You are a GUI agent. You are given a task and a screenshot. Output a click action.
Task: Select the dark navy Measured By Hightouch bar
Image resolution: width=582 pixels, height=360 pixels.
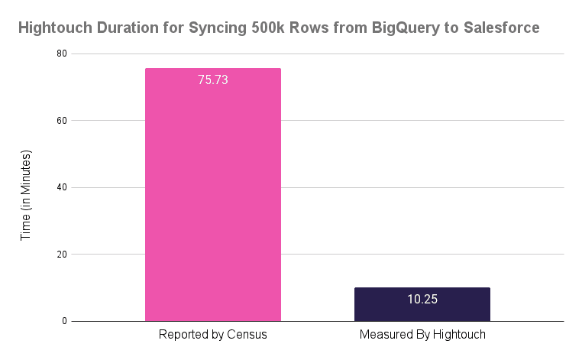[x=422, y=304]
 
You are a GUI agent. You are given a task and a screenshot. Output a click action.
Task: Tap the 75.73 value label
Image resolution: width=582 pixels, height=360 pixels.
[x=213, y=79]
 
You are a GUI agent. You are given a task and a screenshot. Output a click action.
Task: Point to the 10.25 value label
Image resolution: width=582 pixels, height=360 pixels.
[x=422, y=299]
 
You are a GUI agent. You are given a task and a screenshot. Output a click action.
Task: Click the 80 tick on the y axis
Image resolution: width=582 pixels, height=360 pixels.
[x=60, y=54]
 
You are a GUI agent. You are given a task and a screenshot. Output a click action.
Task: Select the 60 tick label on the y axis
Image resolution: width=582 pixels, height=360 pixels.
[x=60, y=121]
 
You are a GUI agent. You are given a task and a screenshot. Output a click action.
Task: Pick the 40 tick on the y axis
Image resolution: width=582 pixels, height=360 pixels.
[x=60, y=187]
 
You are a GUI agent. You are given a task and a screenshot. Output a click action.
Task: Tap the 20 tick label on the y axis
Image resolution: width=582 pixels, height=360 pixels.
[x=60, y=255]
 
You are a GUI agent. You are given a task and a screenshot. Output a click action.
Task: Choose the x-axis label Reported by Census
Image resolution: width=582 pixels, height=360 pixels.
[x=212, y=335]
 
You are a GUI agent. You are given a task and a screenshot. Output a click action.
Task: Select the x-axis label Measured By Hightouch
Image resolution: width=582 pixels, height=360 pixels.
[x=422, y=335]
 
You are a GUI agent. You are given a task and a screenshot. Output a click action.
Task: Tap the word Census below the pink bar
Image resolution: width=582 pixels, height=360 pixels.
[x=246, y=335]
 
